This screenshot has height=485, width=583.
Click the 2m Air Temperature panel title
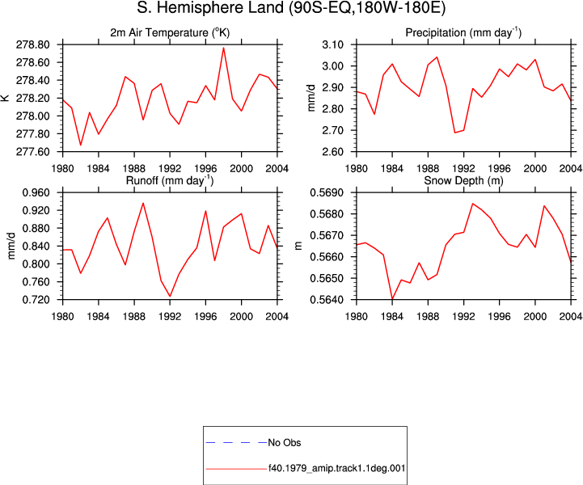pyautogui.click(x=170, y=32)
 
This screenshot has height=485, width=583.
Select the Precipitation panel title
pyautogui.click(x=463, y=32)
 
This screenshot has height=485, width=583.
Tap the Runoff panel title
pyautogui.click(x=170, y=180)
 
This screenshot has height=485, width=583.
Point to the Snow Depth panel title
pyautogui.click(x=463, y=180)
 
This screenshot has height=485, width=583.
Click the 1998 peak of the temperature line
pyautogui.click(x=223, y=48)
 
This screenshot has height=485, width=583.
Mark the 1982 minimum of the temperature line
pyautogui.click(x=81, y=145)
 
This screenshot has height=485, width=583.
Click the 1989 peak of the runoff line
pyautogui.click(x=143, y=203)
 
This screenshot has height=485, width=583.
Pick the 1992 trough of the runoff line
pyautogui.click(x=170, y=297)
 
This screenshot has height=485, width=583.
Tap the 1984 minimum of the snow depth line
pyautogui.click(x=392, y=299)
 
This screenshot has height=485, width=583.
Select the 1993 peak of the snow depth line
pyautogui.click(x=472, y=204)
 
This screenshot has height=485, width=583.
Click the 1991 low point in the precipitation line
pyautogui.click(x=454, y=133)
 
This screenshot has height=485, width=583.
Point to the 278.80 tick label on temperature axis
pyautogui.click(x=32, y=45)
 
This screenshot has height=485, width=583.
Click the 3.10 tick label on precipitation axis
pyautogui.click(x=333, y=45)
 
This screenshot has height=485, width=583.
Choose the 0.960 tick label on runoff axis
pyautogui.click(x=36, y=193)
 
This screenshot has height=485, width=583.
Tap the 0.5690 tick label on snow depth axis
pyautogui.click(x=327, y=193)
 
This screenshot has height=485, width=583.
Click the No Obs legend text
pyautogui.click(x=285, y=443)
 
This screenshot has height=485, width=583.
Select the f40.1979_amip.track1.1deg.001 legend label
pyautogui.click(x=337, y=468)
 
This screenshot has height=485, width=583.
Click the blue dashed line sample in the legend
pyautogui.click(x=236, y=443)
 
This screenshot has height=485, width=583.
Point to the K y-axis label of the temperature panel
pyautogui.click(x=5, y=98)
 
